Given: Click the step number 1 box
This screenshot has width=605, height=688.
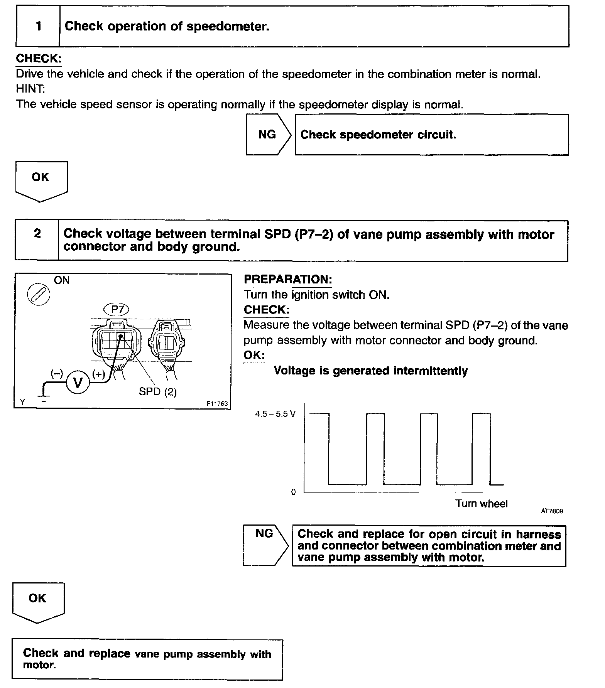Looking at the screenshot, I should click(38, 26).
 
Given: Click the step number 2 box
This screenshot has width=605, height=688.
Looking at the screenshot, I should click(37, 240).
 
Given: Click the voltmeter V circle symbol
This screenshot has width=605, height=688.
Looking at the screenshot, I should click(78, 383).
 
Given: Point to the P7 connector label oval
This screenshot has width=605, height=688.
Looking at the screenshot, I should click(117, 309).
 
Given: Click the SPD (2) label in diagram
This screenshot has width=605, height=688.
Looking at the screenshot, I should click(157, 392).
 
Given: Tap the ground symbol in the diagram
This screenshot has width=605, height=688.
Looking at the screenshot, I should click(44, 398).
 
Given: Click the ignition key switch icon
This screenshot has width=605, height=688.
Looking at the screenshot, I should click(38, 295).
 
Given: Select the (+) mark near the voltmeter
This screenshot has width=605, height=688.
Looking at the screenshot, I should click(99, 374).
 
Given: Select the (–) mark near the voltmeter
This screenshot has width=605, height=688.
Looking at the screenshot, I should click(57, 373).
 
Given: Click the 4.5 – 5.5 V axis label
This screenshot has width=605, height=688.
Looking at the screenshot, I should click(275, 414).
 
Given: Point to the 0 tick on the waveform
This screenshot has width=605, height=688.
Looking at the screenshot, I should click(293, 492).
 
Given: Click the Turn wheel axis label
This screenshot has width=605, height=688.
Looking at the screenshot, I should click(481, 504).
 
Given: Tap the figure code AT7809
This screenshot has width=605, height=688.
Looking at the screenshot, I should click(551, 511).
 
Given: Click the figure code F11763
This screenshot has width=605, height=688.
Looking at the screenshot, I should click(217, 404).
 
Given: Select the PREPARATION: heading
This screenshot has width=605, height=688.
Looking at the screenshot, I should click(288, 280).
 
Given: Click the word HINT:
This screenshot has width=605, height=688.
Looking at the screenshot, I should click(30, 89).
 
